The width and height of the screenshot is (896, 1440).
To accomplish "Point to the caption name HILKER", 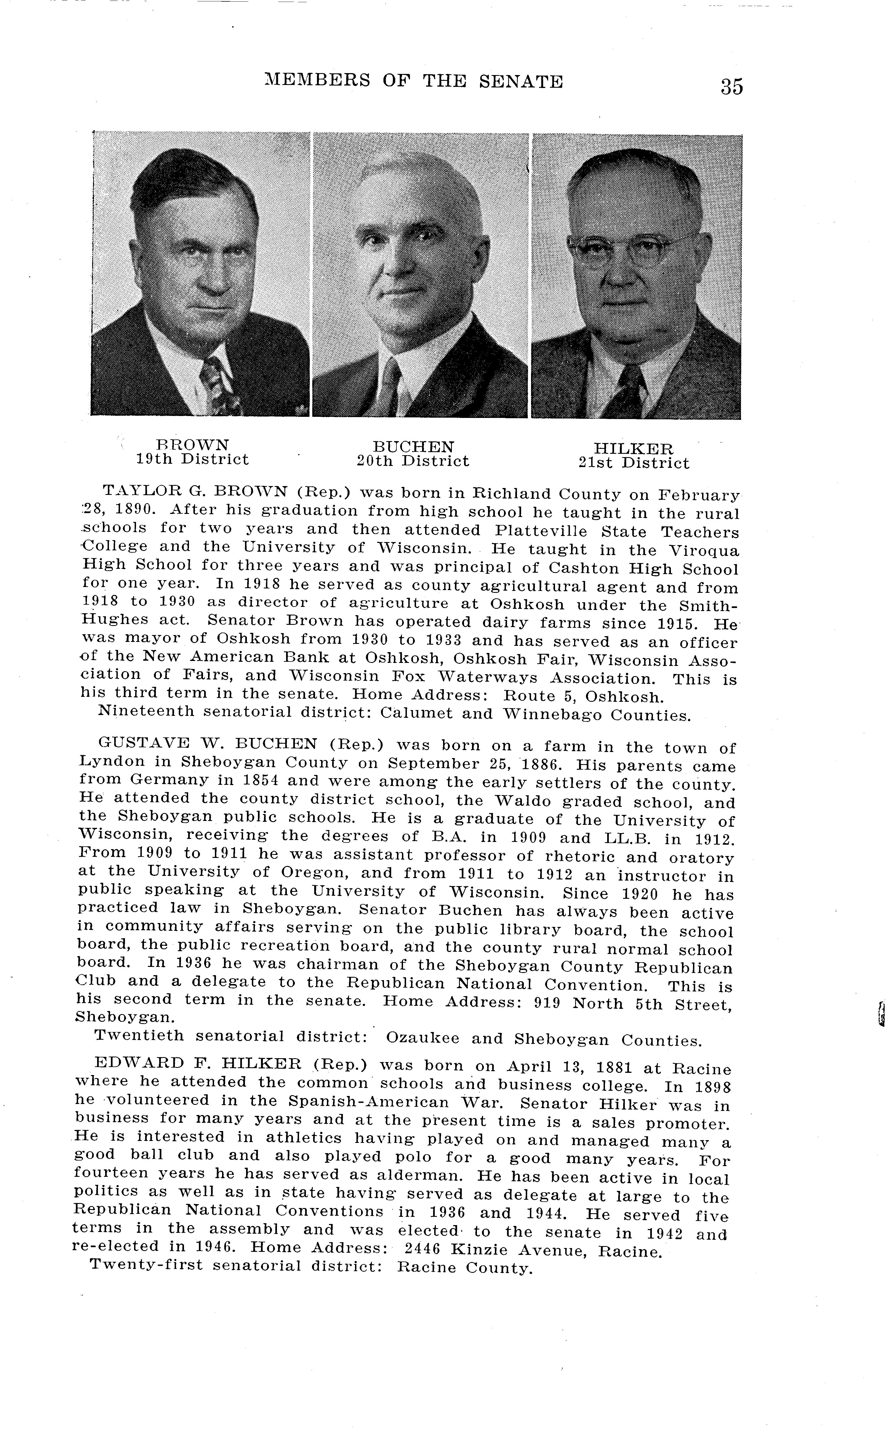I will click(633, 449).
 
